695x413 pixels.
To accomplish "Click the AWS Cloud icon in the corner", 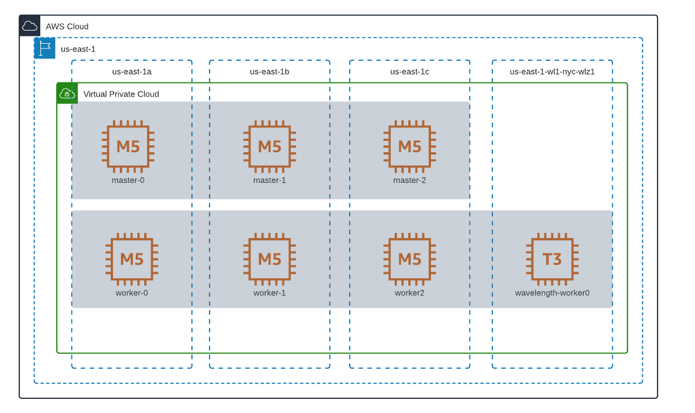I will tap(30, 26).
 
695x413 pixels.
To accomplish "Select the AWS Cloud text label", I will tap(67, 27).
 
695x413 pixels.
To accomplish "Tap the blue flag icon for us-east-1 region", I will tap(44, 48).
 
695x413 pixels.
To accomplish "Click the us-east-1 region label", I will tap(78, 49).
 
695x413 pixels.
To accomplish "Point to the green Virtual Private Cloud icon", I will tap(67, 93).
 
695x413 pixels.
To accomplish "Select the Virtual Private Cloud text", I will tap(121, 94).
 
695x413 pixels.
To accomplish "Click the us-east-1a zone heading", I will tap(132, 72).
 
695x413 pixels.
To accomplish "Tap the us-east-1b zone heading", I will tap(269, 72).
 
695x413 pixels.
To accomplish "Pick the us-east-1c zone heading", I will tap(409, 72).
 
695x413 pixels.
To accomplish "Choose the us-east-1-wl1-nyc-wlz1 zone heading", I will tap(552, 72).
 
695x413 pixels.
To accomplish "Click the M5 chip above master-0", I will tap(128, 147).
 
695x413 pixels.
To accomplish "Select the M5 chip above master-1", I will tap(269, 147).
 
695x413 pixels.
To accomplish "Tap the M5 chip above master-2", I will tap(409, 147).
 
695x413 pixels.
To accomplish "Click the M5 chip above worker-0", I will tap(132, 259).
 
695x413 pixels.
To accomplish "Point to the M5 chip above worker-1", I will tap(269, 259).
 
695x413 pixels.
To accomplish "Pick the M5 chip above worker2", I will tap(409, 259).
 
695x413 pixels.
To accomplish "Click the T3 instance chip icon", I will tap(552, 259).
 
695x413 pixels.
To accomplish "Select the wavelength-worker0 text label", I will tap(552, 293).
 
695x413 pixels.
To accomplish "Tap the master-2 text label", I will tap(409, 181).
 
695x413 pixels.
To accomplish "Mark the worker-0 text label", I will tap(132, 293).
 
